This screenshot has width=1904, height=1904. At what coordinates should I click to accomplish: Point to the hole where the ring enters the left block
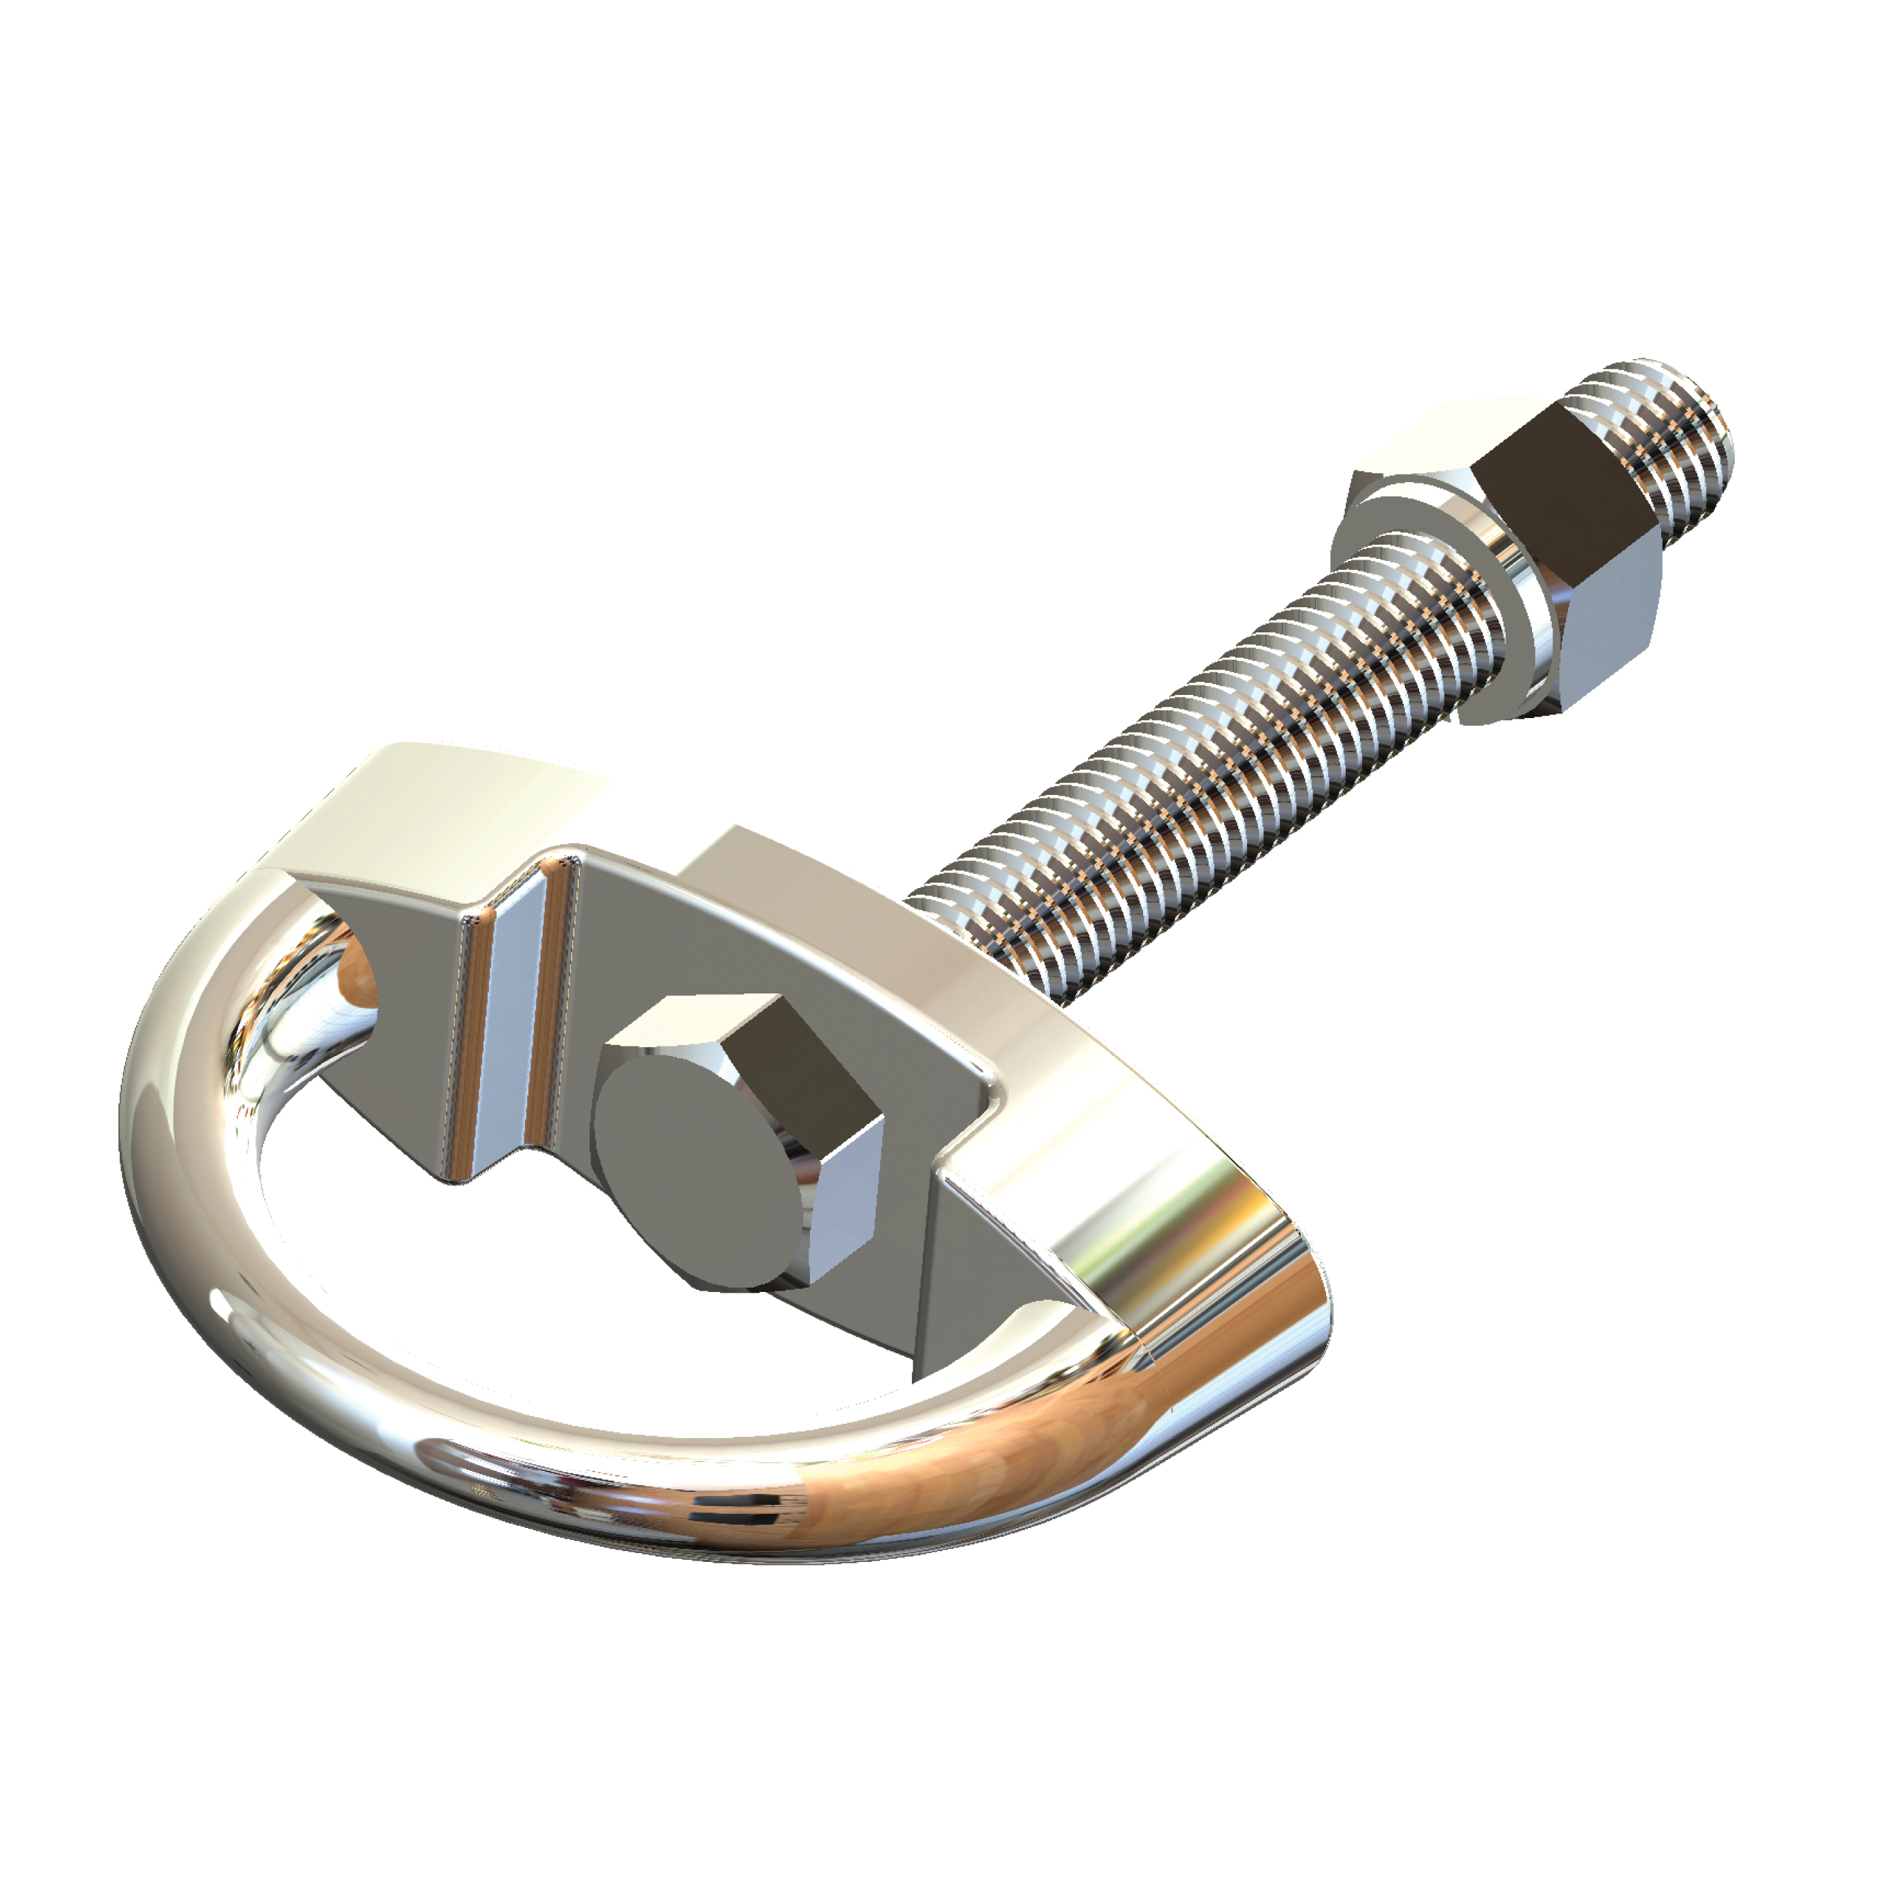355,976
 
